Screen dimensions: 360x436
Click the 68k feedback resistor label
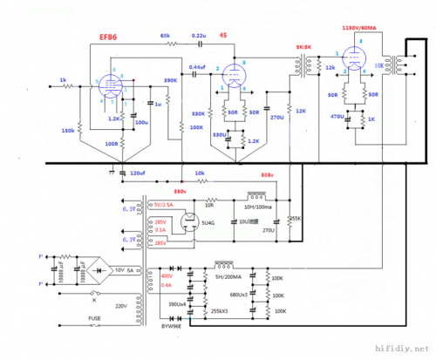point(166,35)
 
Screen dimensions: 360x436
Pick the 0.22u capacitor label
point(199,34)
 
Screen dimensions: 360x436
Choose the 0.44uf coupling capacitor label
point(198,67)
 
